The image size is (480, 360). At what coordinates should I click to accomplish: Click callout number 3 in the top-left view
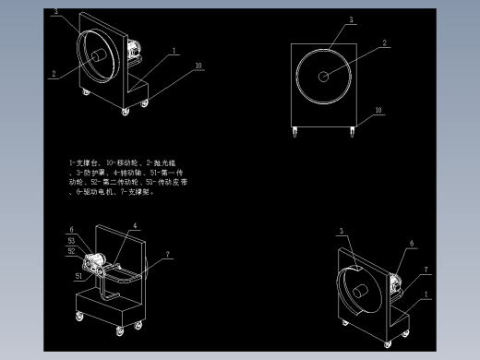click(54, 12)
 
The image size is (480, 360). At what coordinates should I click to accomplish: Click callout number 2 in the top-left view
click(54, 74)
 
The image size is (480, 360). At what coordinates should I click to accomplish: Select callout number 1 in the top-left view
click(173, 52)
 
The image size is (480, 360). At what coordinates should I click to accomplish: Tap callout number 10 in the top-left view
click(198, 66)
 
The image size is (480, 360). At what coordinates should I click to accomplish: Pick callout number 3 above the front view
click(351, 20)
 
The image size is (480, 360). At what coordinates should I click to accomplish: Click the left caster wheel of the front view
click(295, 133)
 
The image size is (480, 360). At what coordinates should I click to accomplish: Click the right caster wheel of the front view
click(352, 133)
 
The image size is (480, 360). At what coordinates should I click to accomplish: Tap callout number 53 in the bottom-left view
click(71, 241)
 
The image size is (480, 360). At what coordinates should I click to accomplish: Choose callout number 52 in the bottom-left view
click(71, 250)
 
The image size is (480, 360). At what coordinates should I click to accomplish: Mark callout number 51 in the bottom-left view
click(78, 275)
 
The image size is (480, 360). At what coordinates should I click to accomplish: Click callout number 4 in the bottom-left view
click(135, 226)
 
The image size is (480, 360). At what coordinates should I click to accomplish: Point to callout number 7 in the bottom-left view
click(168, 254)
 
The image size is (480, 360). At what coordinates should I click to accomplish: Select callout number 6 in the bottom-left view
click(70, 230)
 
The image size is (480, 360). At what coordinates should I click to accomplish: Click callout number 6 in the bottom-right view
click(412, 245)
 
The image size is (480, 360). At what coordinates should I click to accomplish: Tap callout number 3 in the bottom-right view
click(341, 231)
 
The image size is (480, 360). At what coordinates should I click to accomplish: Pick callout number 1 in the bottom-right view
click(426, 295)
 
